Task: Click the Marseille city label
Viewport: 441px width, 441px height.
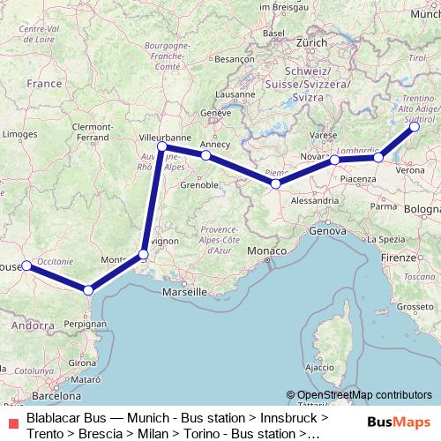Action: pos(184,291)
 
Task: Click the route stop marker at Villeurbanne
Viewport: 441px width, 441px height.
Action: pos(162,146)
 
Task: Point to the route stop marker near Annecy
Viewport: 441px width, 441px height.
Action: pos(206,155)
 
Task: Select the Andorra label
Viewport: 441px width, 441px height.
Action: pos(33,325)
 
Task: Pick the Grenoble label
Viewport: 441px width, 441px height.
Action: pos(199,185)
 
